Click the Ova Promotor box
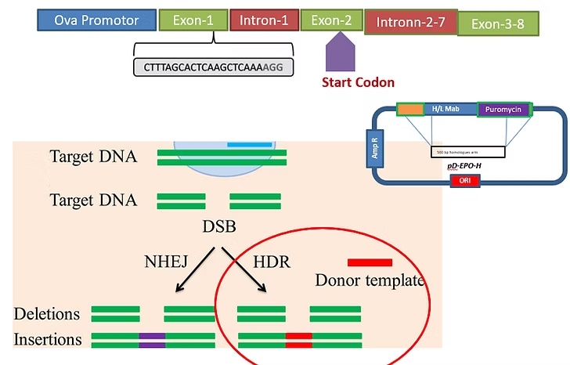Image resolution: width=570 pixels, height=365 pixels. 96,20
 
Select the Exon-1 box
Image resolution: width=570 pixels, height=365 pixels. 193,21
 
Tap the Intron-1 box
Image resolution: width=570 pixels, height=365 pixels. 263,21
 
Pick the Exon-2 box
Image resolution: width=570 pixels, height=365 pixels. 331,21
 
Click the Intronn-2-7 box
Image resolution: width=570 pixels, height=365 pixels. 410,23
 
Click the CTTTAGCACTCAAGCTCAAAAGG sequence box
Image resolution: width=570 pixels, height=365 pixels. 213,67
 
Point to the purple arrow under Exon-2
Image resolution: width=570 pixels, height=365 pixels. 340,57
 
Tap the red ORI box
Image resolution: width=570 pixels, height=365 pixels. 465,181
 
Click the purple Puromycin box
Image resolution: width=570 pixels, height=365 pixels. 504,110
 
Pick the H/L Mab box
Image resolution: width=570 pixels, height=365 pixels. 449,110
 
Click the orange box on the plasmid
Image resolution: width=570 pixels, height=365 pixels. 409,110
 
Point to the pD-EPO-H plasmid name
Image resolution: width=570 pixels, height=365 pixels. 463,167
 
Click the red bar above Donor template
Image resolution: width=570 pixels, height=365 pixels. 370,262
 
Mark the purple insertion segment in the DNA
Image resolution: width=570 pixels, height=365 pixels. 152,340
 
